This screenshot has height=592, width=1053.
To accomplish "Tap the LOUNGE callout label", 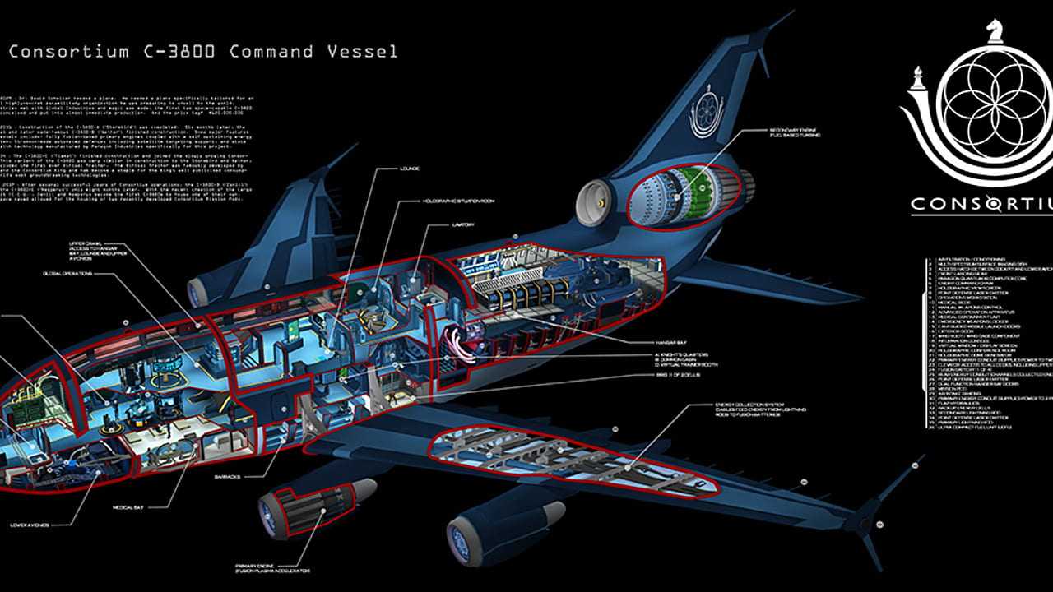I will [409, 169].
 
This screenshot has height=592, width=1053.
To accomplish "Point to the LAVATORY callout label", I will [463, 224].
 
